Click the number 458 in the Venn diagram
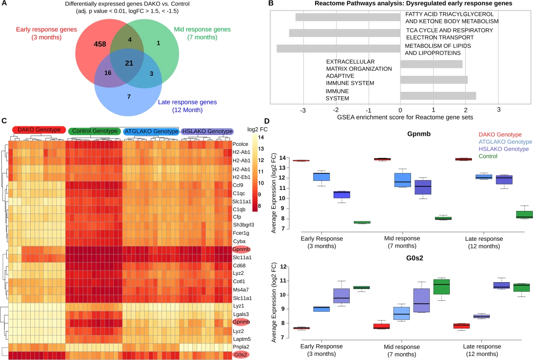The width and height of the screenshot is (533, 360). point(100,44)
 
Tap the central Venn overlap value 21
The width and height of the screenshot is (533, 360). point(129,63)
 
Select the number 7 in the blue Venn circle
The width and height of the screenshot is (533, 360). point(129,97)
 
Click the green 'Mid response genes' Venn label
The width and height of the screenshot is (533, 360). point(202,33)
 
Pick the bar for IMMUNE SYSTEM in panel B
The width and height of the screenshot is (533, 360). point(438,95)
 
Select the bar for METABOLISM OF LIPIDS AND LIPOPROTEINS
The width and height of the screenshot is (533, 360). point(339,49)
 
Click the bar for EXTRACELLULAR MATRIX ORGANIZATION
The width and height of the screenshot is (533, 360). point(431,64)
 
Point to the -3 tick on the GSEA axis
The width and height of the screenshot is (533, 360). point(303,111)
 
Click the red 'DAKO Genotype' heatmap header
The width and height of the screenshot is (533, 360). point(39,130)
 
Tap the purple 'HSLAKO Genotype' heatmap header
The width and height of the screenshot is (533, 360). point(208,131)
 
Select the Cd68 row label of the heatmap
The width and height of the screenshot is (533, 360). point(239,265)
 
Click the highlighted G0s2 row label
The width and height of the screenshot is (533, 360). point(240,355)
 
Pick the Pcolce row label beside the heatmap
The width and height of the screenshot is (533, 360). point(240,144)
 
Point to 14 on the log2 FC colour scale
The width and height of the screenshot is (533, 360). point(261,137)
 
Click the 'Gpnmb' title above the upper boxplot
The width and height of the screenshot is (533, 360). point(419,134)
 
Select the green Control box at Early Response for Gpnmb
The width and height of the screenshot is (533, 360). point(362,222)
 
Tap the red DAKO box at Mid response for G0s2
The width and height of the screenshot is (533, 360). point(381,326)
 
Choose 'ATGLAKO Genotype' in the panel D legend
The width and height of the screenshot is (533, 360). point(505,142)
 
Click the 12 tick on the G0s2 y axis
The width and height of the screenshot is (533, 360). point(283,266)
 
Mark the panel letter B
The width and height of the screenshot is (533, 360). point(271,4)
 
